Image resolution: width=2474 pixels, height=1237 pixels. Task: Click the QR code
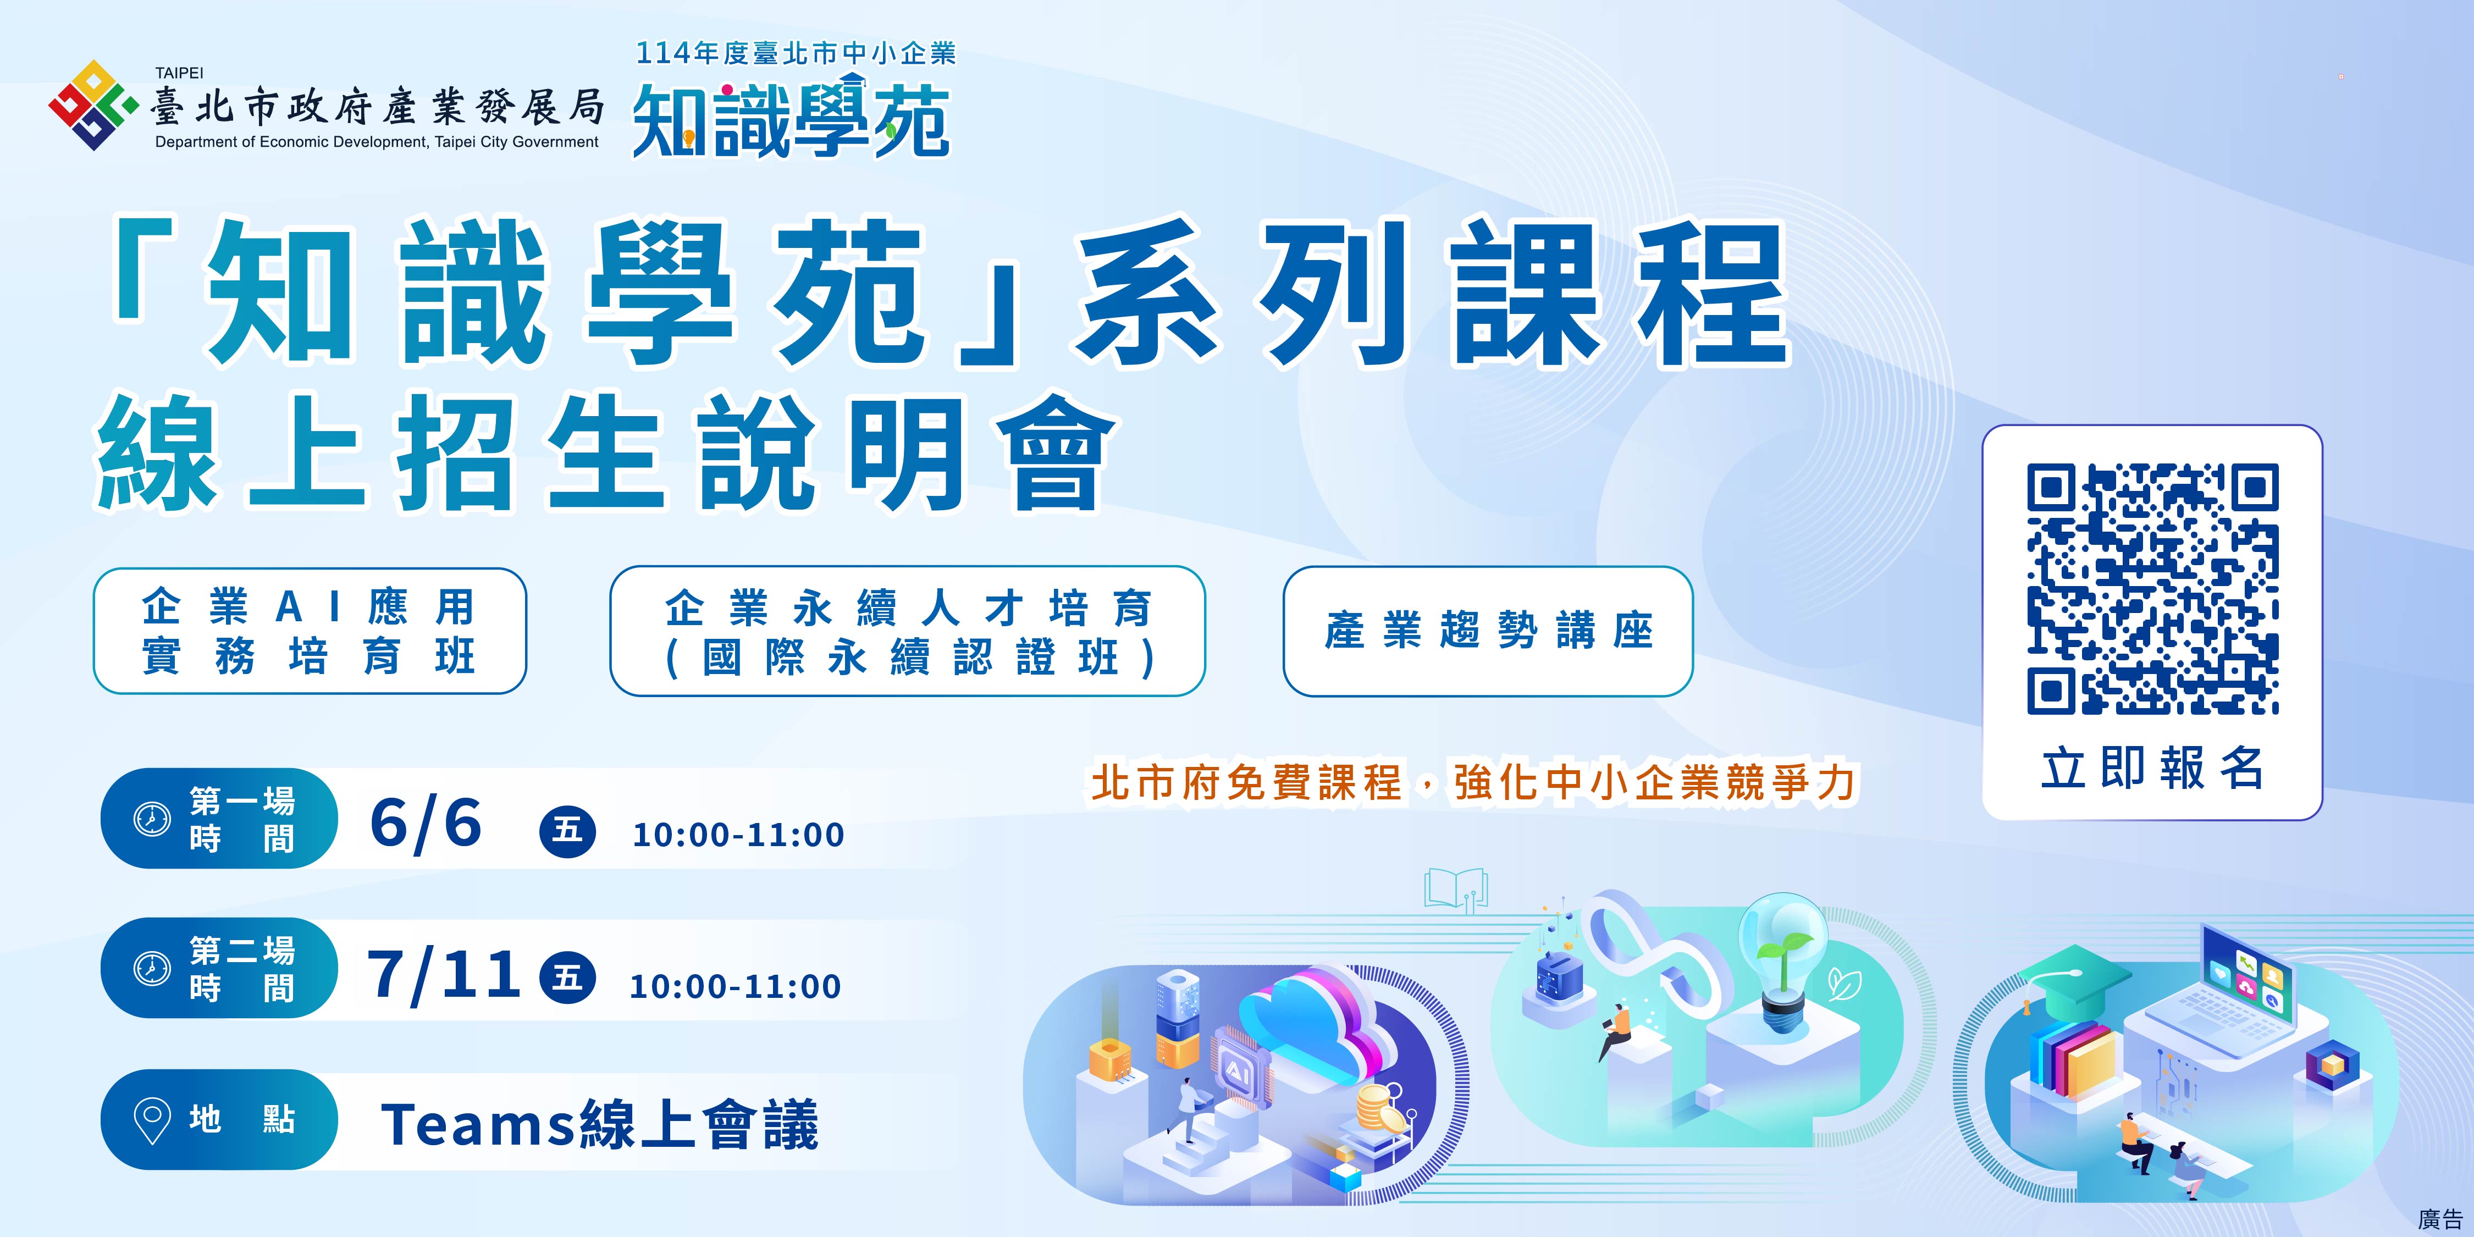[x=2152, y=589]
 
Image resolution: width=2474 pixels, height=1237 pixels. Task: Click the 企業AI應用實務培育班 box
[x=309, y=631]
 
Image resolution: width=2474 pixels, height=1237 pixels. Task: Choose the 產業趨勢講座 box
[x=1488, y=631]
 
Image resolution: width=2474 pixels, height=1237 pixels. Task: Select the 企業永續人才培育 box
[x=908, y=631]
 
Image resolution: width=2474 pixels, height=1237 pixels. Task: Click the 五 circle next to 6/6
[x=567, y=829]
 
